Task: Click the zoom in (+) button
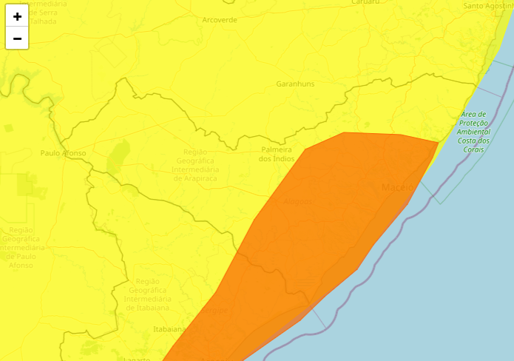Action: coord(17,16)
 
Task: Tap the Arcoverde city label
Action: coord(220,20)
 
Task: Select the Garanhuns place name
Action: coord(295,84)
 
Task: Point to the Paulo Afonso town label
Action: coord(64,153)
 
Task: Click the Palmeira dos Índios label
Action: coord(277,154)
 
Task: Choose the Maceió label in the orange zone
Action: coord(397,187)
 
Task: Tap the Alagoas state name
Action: coord(297,201)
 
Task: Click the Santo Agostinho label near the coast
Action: coord(488,6)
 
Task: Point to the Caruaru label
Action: coord(365,2)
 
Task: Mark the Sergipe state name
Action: coord(215,311)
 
